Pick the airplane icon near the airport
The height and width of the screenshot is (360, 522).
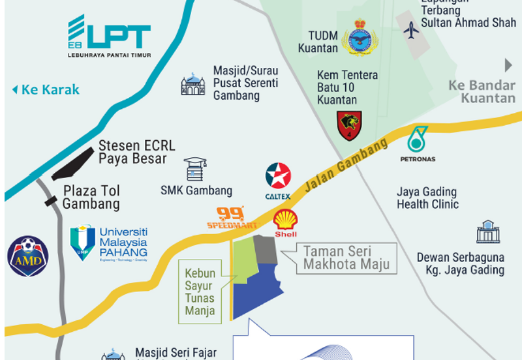click(x=411, y=30)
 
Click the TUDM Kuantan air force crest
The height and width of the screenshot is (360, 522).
click(x=360, y=37)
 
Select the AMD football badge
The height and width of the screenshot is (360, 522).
click(x=27, y=256)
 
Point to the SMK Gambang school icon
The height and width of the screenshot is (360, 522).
click(x=194, y=169)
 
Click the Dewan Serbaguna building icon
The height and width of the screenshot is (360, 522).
click(x=487, y=232)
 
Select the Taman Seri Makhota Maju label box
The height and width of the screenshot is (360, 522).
click(x=346, y=257)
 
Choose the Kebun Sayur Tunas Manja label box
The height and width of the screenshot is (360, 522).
click(x=200, y=290)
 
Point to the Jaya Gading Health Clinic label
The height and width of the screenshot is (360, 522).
click(x=427, y=198)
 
